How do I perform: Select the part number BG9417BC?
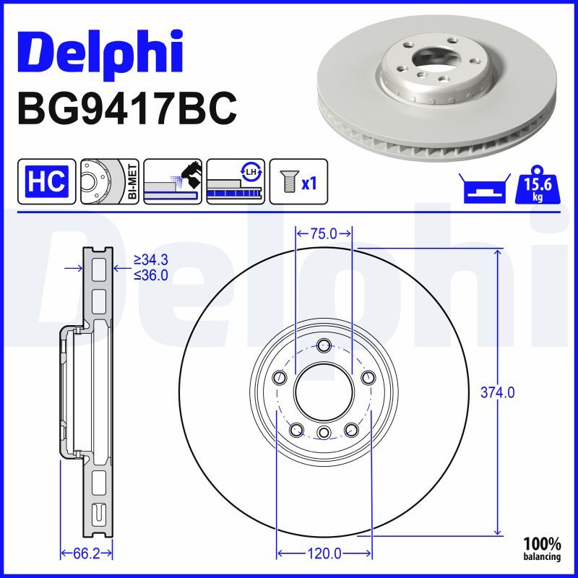[127, 108]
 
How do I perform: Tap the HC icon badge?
[46, 181]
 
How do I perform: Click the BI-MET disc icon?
[110, 181]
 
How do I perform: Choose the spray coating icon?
[173, 181]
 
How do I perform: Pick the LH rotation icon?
[236, 181]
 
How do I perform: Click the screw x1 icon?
[298, 181]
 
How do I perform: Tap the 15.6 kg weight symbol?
[538, 186]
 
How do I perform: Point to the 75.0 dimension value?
[323, 233]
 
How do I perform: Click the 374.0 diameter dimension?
[497, 392]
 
